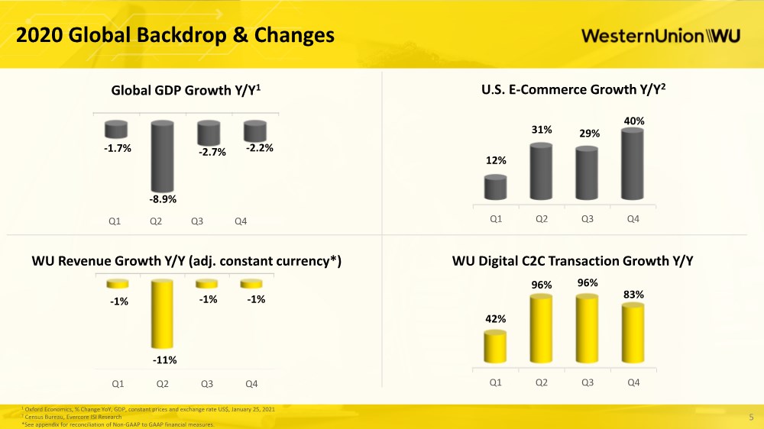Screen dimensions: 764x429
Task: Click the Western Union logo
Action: (661, 36)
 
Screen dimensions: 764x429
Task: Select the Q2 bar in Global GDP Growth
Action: (162, 156)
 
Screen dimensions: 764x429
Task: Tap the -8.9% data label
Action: (163, 199)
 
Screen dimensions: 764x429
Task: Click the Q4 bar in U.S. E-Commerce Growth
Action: (633, 164)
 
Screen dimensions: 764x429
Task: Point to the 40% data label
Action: (634, 121)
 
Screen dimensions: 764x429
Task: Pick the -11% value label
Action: (165, 360)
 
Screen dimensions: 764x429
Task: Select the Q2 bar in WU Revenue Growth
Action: (162, 314)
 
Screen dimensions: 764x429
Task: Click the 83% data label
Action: (633, 294)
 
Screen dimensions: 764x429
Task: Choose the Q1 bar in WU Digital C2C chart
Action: (495, 347)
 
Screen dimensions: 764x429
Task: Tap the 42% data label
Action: (496, 319)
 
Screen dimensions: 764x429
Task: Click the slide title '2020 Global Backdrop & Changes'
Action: (176, 35)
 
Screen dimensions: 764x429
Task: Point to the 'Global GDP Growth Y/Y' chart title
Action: (186, 90)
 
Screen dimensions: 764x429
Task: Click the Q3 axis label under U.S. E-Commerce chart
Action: (587, 219)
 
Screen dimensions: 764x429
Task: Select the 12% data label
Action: (496, 160)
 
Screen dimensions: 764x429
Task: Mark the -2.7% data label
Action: (212, 152)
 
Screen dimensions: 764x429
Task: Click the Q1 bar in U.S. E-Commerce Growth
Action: (496, 188)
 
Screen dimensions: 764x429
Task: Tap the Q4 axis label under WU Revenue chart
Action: (251, 384)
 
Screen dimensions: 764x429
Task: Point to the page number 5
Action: (751, 418)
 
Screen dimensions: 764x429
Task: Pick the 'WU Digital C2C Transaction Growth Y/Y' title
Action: (572, 261)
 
